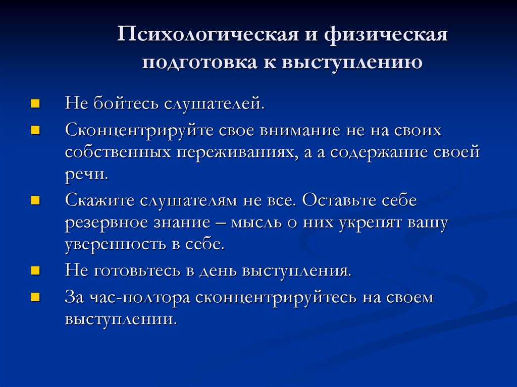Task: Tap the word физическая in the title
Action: click(x=385, y=34)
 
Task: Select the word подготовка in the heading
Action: click(x=200, y=62)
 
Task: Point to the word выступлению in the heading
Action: click(x=352, y=62)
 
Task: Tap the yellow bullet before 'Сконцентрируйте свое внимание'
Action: click(x=35, y=131)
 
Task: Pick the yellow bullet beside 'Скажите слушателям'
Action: click(x=35, y=200)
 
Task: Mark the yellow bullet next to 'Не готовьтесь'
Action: click(x=35, y=271)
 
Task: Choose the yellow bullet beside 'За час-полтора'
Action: click(x=35, y=298)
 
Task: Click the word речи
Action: click(x=86, y=175)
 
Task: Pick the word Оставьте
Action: click(x=340, y=200)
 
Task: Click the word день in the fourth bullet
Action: click(x=218, y=271)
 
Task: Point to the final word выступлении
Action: click(x=121, y=319)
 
